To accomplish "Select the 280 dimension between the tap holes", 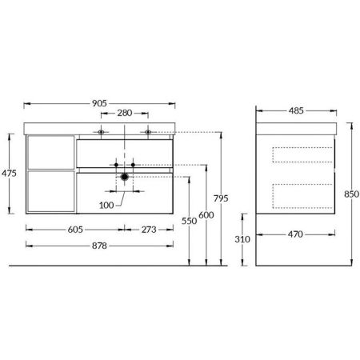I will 125,113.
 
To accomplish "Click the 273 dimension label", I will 150,230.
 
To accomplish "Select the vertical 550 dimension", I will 189,221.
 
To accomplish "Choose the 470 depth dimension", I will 296,234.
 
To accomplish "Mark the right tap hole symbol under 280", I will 148,130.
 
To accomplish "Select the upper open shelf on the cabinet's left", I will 50,151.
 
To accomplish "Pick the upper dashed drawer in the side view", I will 302,158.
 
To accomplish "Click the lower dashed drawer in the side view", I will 302,194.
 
